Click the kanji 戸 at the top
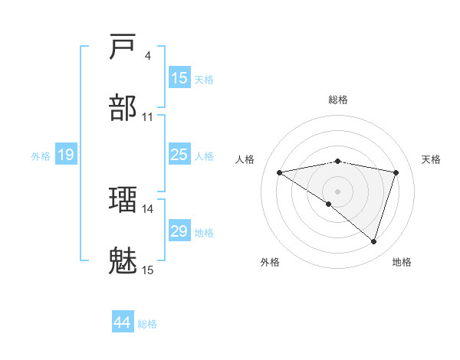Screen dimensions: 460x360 tap(123, 47)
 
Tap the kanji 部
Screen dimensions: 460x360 tap(123, 108)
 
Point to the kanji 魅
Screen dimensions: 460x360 tap(123, 261)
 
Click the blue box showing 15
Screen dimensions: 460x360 tap(179, 78)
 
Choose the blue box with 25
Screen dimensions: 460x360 tap(179, 155)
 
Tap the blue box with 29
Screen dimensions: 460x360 tap(179, 231)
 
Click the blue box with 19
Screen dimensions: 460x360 tap(66, 155)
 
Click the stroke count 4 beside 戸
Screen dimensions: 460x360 tap(147, 55)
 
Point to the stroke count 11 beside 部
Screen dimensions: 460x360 tap(147, 117)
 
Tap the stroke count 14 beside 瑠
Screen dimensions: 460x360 tap(147, 208)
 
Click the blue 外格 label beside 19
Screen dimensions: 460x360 tap(41, 155)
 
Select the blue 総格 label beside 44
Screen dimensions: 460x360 tap(147, 323)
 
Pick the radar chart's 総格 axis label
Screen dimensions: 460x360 tap(338, 100)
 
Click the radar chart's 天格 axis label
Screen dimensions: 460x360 tap(432, 159)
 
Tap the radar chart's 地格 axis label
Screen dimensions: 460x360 tap(402, 262)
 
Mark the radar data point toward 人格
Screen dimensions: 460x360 tap(280, 172)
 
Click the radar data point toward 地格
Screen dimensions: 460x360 tap(373, 241)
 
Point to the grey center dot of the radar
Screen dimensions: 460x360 tap(338, 191)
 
